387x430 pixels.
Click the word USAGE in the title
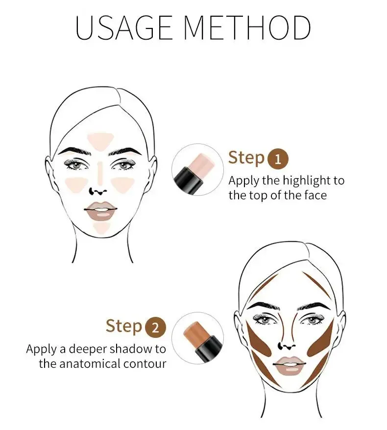click(124, 28)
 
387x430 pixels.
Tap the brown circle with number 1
click(278, 159)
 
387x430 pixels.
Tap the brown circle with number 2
click(155, 328)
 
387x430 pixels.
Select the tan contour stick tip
click(196, 333)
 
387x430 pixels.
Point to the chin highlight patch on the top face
click(101, 227)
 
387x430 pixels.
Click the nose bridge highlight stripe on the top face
click(100, 173)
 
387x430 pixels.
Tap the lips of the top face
click(100, 211)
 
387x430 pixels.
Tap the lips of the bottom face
click(289, 365)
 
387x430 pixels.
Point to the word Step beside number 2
click(124, 326)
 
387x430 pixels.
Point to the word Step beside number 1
click(246, 158)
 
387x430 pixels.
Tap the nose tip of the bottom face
click(287, 346)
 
